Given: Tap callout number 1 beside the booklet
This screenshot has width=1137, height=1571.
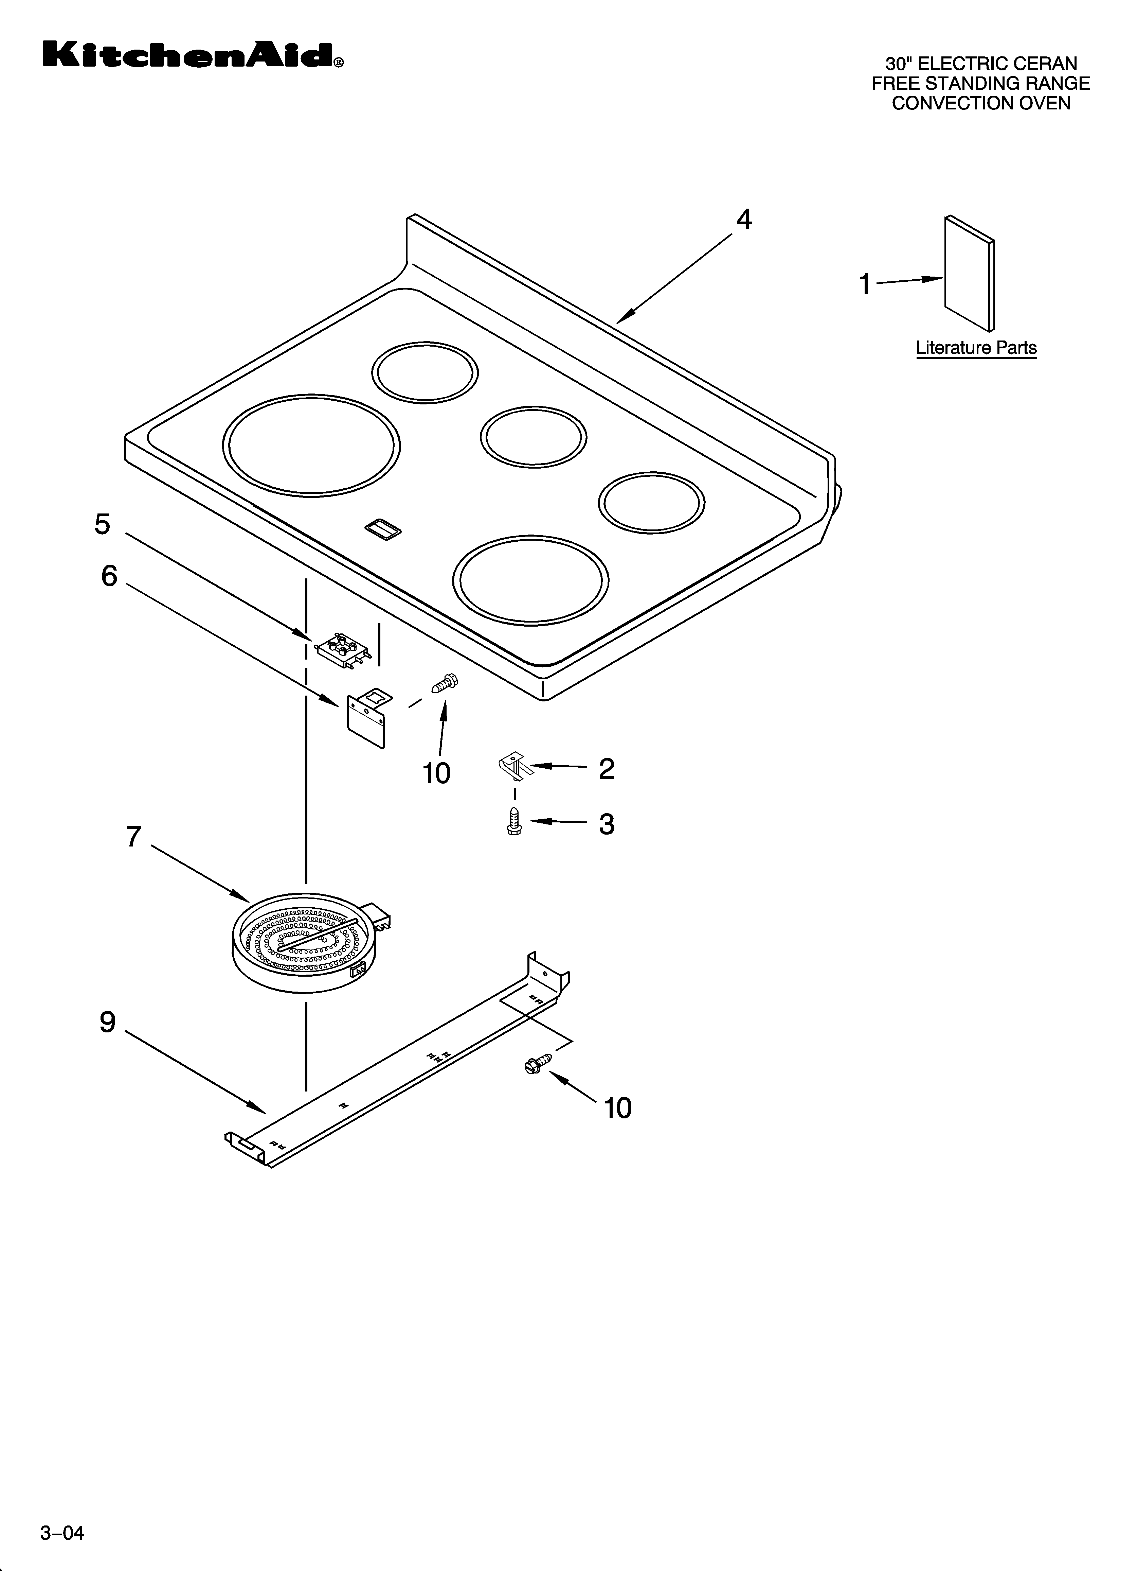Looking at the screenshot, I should (x=864, y=284).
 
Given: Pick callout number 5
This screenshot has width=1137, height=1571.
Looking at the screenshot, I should (x=103, y=524).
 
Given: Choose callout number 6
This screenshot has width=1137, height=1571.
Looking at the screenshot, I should (x=109, y=576).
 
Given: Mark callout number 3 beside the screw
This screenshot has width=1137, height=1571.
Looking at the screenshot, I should (x=607, y=824).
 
